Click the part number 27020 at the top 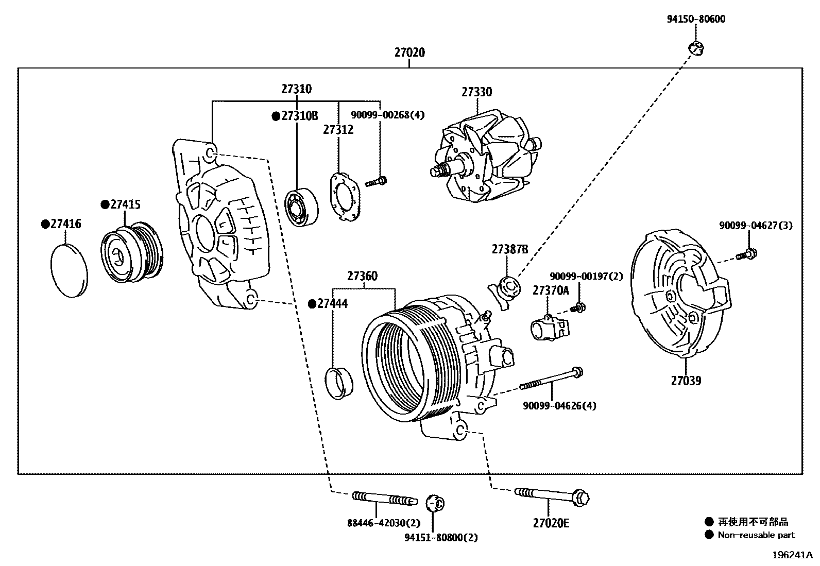(x=409, y=53)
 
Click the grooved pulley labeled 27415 (x=132, y=253)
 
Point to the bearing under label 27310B (x=301, y=208)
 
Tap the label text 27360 (x=362, y=276)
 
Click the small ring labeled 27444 (x=339, y=383)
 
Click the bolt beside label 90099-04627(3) (x=747, y=254)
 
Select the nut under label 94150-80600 (x=696, y=48)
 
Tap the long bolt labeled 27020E (x=551, y=496)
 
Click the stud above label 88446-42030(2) (x=384, y=499)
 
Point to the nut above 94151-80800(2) (x=436, y=503)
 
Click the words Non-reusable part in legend (x=756, y=535)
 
